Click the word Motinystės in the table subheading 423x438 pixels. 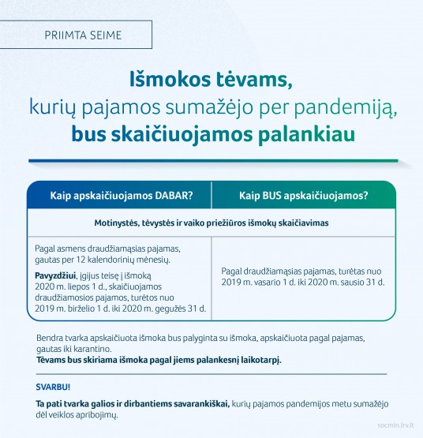click(x=119, y=223)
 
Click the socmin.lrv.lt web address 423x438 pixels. click(x=391, y=429)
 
